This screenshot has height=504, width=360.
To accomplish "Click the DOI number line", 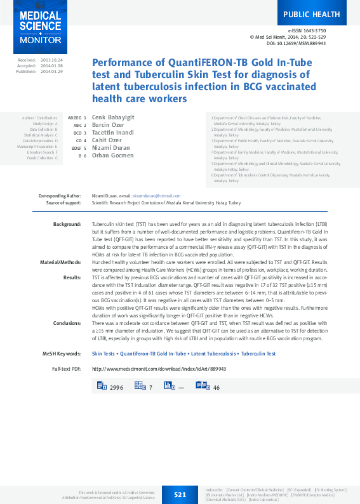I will (305, 43).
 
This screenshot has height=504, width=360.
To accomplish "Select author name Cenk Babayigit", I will (113, 117).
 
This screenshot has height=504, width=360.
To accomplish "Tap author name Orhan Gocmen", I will (112, 156).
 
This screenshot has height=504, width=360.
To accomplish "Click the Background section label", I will (67, 225).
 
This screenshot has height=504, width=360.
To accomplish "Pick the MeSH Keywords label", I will (62, 354).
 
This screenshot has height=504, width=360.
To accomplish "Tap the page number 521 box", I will (180, 493).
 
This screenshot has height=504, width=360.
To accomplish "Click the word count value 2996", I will (116, 387).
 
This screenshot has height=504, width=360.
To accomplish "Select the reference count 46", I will (217, 387).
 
